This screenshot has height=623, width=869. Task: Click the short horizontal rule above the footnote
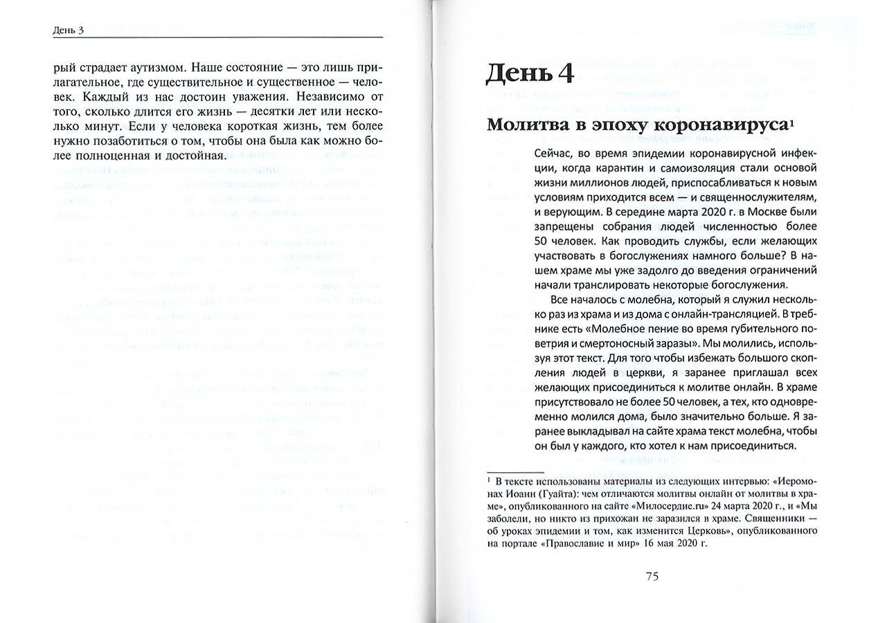(514, 470)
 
